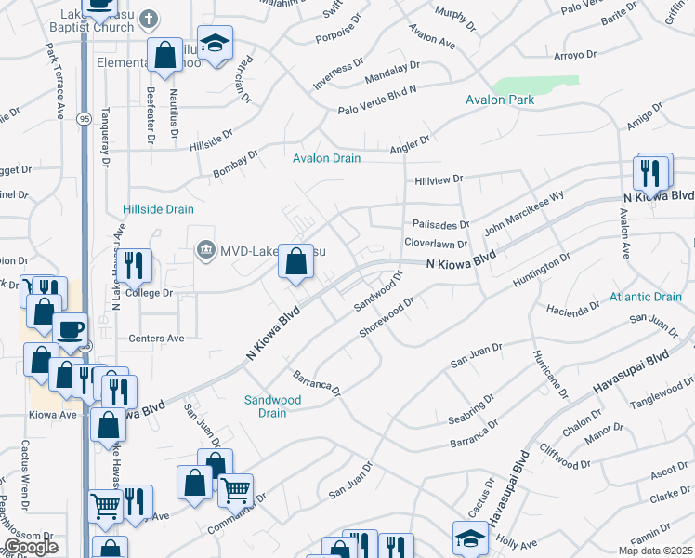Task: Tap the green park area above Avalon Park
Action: (528, 86)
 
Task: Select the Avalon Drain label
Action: (326, 158)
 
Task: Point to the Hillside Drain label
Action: (158, 209)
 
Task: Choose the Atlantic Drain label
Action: (646, 297)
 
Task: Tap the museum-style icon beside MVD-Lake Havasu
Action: (204, 250)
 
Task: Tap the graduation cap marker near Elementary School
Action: (216, 43)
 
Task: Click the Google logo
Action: (31, 548)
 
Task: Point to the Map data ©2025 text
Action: (655, 551)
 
